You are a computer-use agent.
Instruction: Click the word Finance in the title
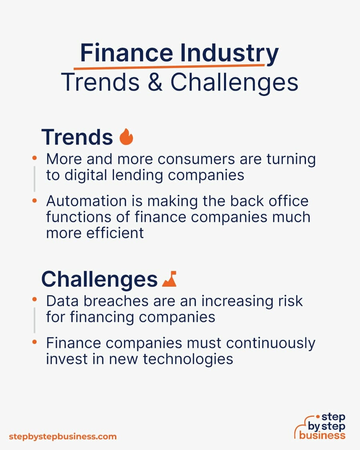point(126,53)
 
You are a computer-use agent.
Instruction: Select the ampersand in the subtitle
point(155,82)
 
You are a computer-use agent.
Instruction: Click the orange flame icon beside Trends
point(126,137)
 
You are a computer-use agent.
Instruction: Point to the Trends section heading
point(77,137)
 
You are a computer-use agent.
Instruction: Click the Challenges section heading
point(99,280)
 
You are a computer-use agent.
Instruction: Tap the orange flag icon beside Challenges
point(169,279)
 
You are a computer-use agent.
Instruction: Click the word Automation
point(86,201)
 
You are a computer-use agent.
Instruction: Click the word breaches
point(116,301)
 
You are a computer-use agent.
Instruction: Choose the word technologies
point(188,359)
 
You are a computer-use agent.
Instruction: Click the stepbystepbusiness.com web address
point(63,437)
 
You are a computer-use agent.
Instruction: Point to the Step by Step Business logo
point(320,426)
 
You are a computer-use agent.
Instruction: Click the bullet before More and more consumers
point(34,158)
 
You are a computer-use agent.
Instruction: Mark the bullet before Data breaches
point(34,300)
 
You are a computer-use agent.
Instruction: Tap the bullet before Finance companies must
point(34,342)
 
